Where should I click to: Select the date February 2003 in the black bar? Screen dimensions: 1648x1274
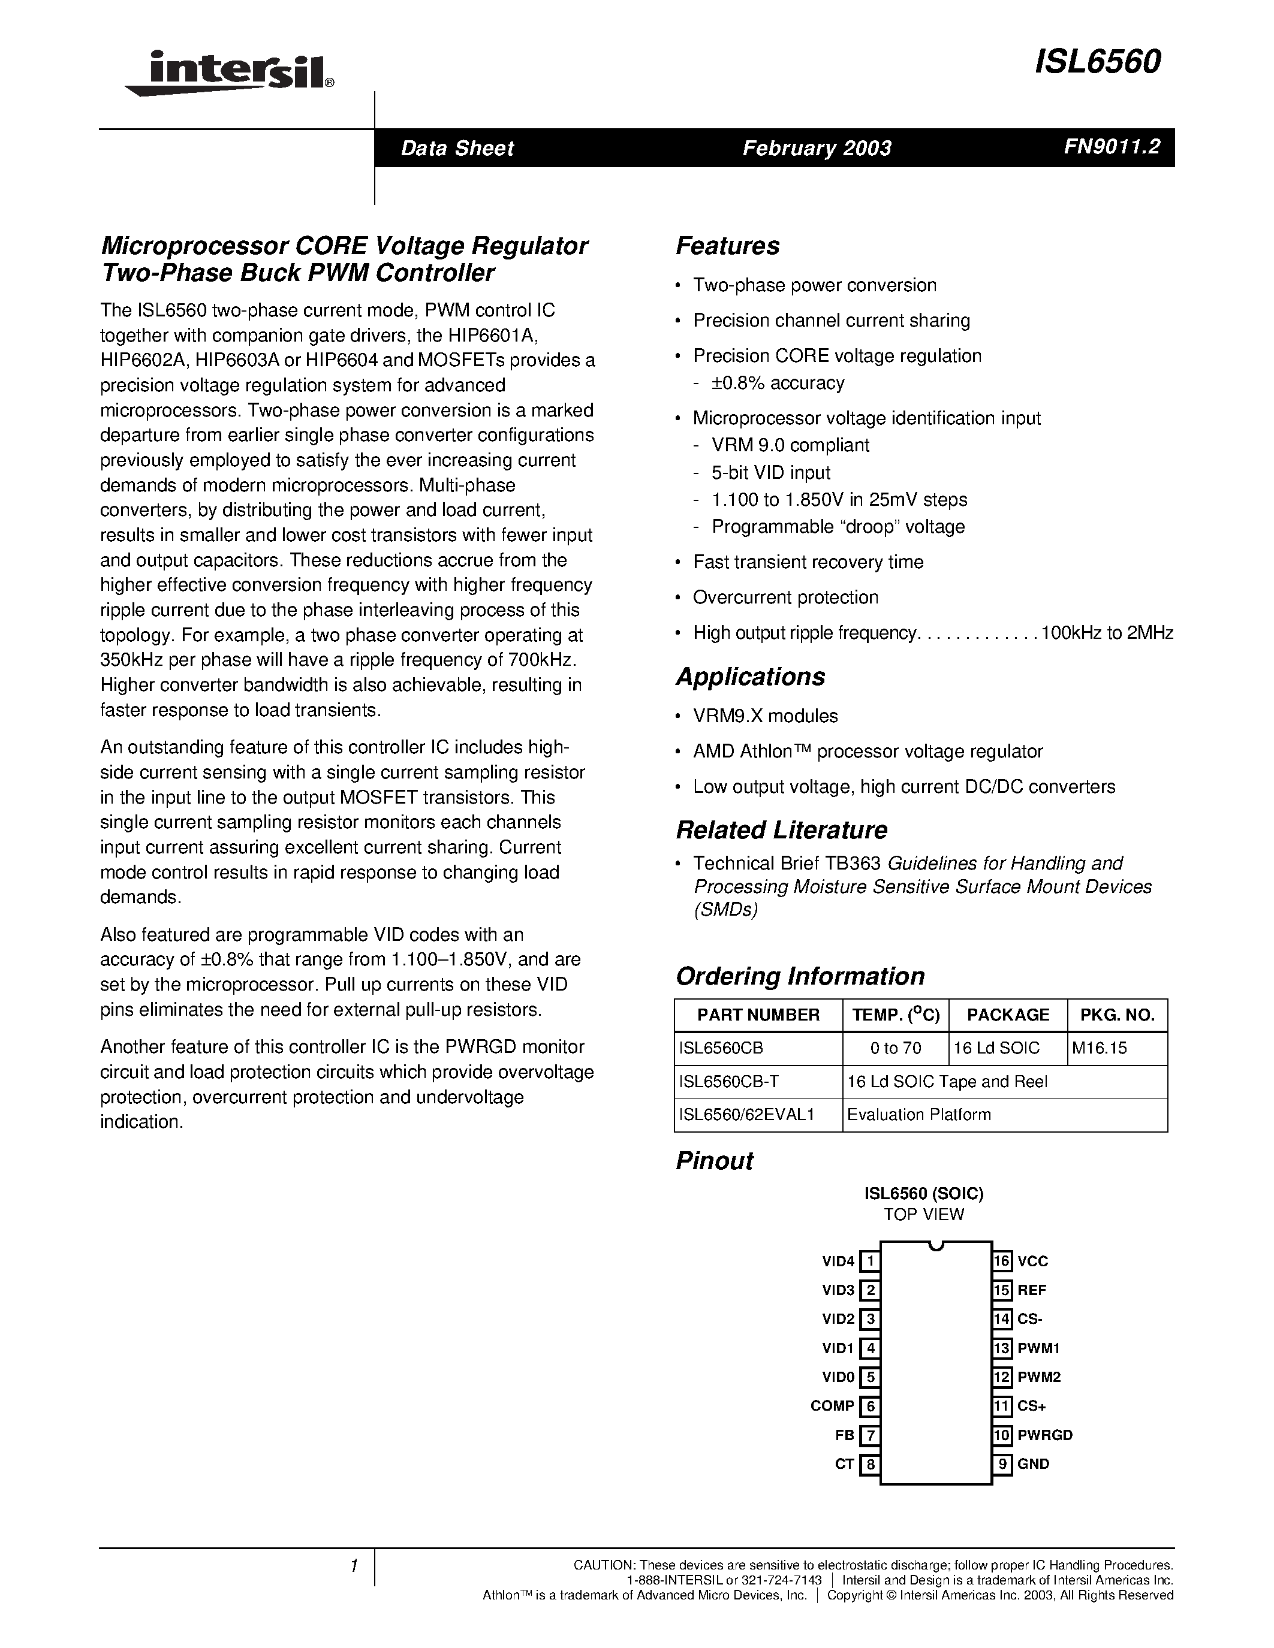point(817,148)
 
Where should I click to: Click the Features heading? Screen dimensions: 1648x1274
point(728,246)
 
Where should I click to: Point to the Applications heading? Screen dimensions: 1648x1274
point(750,677)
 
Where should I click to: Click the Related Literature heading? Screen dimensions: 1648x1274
point(781,830)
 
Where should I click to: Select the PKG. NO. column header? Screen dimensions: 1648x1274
point(1117,1015)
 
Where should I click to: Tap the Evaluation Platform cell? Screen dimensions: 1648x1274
point(918,1115)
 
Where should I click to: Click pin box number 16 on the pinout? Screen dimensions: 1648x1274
point(1002,1261)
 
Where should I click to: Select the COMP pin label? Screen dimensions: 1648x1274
point(832,1406)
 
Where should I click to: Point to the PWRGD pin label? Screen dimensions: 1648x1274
point(1044,1435)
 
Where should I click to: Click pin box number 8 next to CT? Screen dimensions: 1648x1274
point(870,1465)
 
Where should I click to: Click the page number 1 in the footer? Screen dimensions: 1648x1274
point(353,1566)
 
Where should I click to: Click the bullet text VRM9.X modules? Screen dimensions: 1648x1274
point(766,716)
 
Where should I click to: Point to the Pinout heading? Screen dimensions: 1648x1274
point(714,1161)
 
